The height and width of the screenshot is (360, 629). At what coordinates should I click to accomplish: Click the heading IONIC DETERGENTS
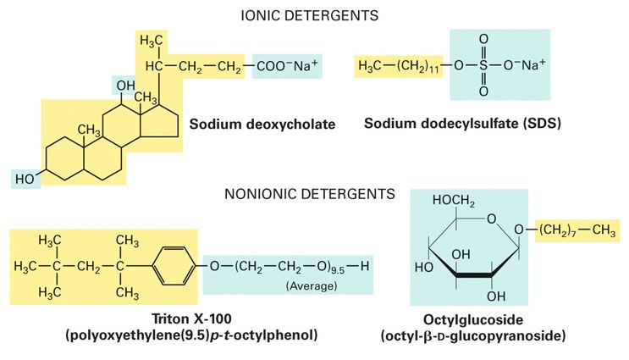309,15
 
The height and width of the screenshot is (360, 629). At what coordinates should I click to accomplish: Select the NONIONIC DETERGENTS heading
310,194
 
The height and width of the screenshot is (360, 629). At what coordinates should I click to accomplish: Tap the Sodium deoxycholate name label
262,124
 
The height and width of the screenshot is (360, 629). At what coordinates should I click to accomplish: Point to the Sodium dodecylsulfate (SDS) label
462,123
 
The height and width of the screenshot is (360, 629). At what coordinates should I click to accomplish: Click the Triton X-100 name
192,318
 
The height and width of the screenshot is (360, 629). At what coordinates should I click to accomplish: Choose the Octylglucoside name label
473,320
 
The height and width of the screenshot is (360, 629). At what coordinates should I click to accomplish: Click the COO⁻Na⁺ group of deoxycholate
287,66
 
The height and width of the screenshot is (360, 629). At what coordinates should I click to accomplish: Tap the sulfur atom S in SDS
483,65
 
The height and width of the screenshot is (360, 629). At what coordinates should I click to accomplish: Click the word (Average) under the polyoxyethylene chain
312,285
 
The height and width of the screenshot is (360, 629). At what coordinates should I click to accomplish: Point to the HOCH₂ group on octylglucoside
453,201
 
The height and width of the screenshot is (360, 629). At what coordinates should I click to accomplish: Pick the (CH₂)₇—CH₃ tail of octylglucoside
577,230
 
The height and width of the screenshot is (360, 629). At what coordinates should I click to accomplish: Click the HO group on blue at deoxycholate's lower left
25,179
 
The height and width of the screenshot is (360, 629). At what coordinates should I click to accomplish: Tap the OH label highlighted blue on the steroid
125,86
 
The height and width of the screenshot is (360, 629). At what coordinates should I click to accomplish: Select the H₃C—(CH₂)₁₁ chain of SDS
399,66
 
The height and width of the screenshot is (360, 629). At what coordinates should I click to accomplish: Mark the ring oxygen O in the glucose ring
491,219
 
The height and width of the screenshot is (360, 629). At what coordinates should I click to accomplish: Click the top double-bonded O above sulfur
483,39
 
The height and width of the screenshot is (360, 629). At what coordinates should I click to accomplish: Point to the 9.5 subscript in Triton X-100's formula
338,270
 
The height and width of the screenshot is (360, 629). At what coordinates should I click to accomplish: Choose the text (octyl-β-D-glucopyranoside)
473,336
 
